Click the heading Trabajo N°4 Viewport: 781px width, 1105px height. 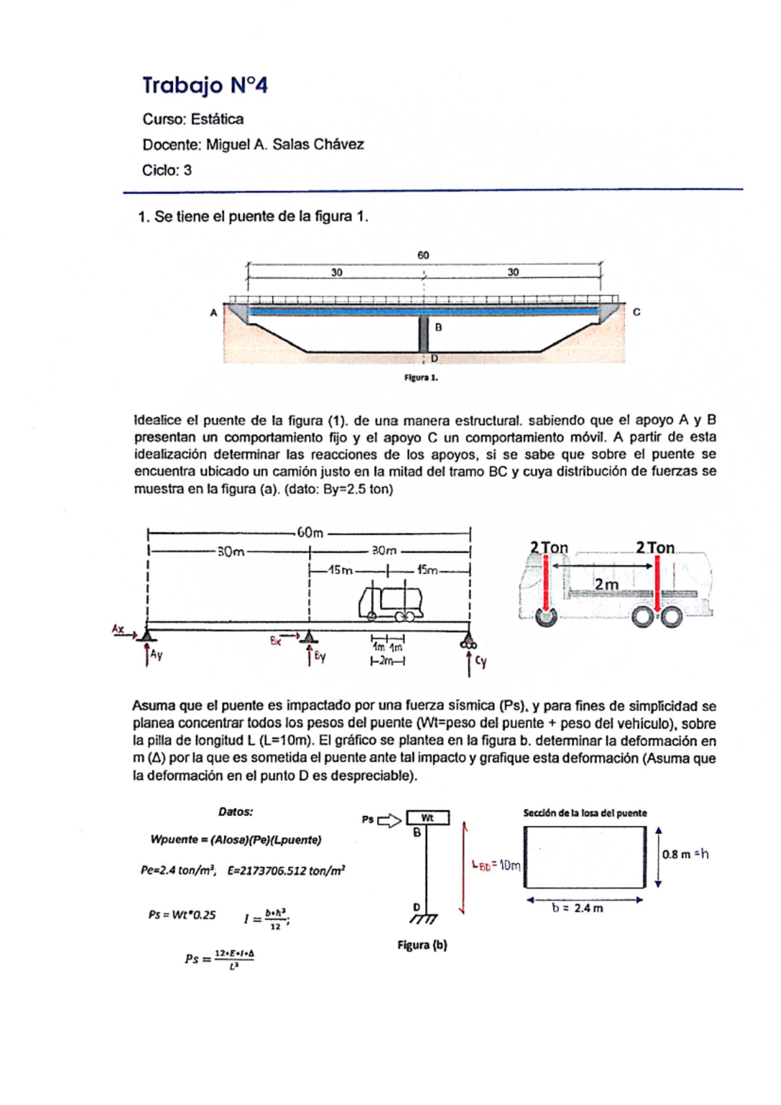click(x=205, y=85)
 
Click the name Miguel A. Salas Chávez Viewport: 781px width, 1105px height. click(x=284, y=144)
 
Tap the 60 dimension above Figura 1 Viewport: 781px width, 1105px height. click(x=423, y=255)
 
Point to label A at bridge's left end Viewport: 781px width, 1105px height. click(x=213, y=313)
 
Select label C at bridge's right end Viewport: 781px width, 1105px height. click(x=637, y=312)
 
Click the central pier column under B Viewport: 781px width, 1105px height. click(x=423, y=334)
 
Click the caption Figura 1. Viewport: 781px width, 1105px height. click(x=421, y=377)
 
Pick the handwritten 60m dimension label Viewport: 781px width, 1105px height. click(x=310, y=533)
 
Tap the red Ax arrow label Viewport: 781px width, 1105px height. click(x=118, y=629)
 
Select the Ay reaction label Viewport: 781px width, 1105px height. click(x=156, y=655)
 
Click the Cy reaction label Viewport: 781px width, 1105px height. click(x=480, y=662)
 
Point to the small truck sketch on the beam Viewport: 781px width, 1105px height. click(x=390, y=603)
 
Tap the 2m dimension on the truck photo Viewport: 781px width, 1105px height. click(x=606, y=584)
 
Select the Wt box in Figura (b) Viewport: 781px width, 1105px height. click(x=428, y=818)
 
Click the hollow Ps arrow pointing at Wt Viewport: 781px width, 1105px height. click(x=389, y=821)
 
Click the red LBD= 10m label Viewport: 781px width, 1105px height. click(x=496, y=865)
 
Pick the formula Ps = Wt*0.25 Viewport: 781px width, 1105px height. click(x=182, y=914)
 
